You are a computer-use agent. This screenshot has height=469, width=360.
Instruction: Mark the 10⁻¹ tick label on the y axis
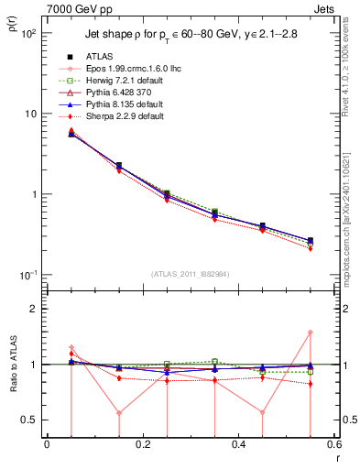[27, 276]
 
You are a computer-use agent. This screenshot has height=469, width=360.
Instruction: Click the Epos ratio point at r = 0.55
[310, 333]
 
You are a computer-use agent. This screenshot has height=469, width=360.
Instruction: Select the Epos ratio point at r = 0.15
[119, 412]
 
